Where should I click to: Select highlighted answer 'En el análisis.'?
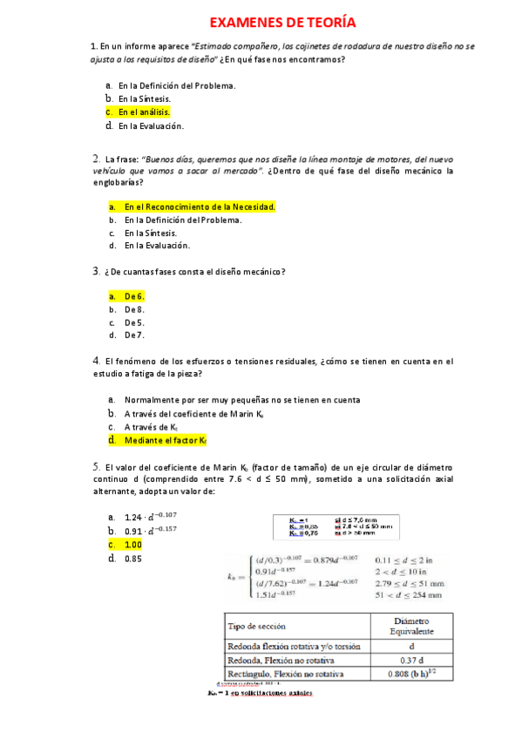coord(144,112)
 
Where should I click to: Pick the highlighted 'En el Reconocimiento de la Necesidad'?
coord(200,207)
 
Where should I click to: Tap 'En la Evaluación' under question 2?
coord(157,246)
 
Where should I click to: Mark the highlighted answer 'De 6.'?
coord(134,296)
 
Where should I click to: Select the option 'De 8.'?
coord(134,309)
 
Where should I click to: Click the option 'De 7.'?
coord(134,335)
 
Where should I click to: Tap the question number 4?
coord(96,360)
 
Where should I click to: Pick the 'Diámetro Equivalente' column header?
coord(411,626)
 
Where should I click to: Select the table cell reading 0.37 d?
coord(411,661)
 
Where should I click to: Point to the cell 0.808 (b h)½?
coord(411,675)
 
